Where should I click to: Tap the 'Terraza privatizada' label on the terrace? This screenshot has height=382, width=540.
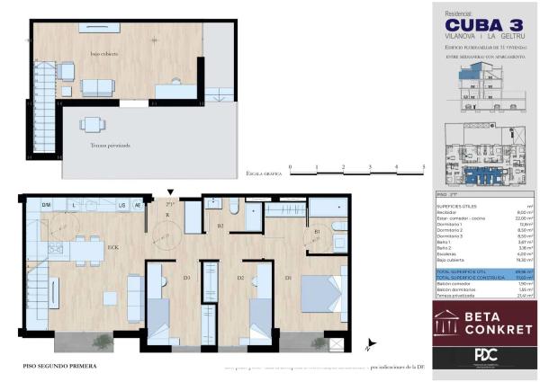tap(110, 145)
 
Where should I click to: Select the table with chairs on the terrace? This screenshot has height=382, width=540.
tap(93, 124)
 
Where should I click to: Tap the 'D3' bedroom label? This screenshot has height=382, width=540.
tap(187, 278)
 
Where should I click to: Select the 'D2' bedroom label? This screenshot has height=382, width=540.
tap(240, 278)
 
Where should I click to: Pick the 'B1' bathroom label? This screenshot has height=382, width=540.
tap(317, 231)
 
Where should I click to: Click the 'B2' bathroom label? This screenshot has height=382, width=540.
tap(220, 227)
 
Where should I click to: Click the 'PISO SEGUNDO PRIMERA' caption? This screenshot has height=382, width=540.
tap(59, 367)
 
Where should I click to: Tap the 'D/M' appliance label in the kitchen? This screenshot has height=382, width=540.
tap(46, 206)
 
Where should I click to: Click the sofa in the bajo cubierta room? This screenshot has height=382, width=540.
tap(97, 87)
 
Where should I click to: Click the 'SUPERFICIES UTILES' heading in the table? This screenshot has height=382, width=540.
tap(460, 206)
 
